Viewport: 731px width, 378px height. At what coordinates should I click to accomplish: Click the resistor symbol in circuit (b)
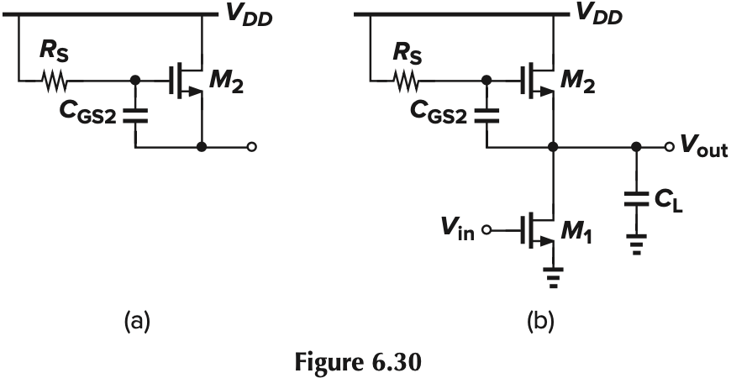(x=408, y=82)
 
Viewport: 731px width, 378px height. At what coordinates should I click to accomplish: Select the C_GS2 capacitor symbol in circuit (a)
(x=134, y=115)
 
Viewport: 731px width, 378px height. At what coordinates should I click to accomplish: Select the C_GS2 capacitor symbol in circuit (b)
(x=486, y=115)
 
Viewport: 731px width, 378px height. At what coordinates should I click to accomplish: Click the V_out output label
(x=698, y=148)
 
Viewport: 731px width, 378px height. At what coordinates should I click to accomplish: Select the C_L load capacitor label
(x=668, y=201)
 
